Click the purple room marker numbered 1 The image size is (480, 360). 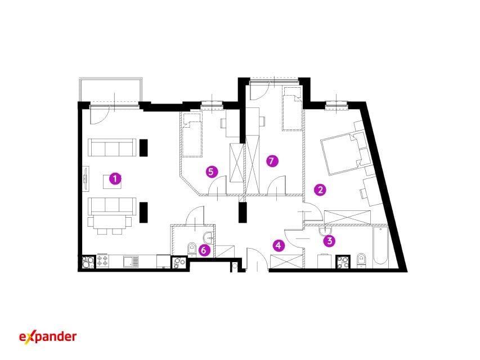(115, 178)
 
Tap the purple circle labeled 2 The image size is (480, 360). (320, 190)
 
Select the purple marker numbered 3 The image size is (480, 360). (329, 241)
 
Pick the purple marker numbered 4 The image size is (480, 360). (279, 245)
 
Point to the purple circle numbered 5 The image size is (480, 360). (211, 172)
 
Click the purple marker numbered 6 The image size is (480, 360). (204, 250)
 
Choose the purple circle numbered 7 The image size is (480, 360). (272, 161)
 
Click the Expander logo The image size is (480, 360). (48, 337)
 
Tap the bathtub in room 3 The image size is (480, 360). (380, 246)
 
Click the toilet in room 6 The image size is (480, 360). (192, 248)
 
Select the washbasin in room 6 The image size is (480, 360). (208, 237)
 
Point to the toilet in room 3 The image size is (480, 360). (361, 260)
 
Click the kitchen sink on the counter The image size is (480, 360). (131, 262)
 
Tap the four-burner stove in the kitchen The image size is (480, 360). (102, 261)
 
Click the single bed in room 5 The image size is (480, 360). (192, 134)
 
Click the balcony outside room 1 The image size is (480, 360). (110, 89)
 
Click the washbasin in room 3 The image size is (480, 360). (325, 231)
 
